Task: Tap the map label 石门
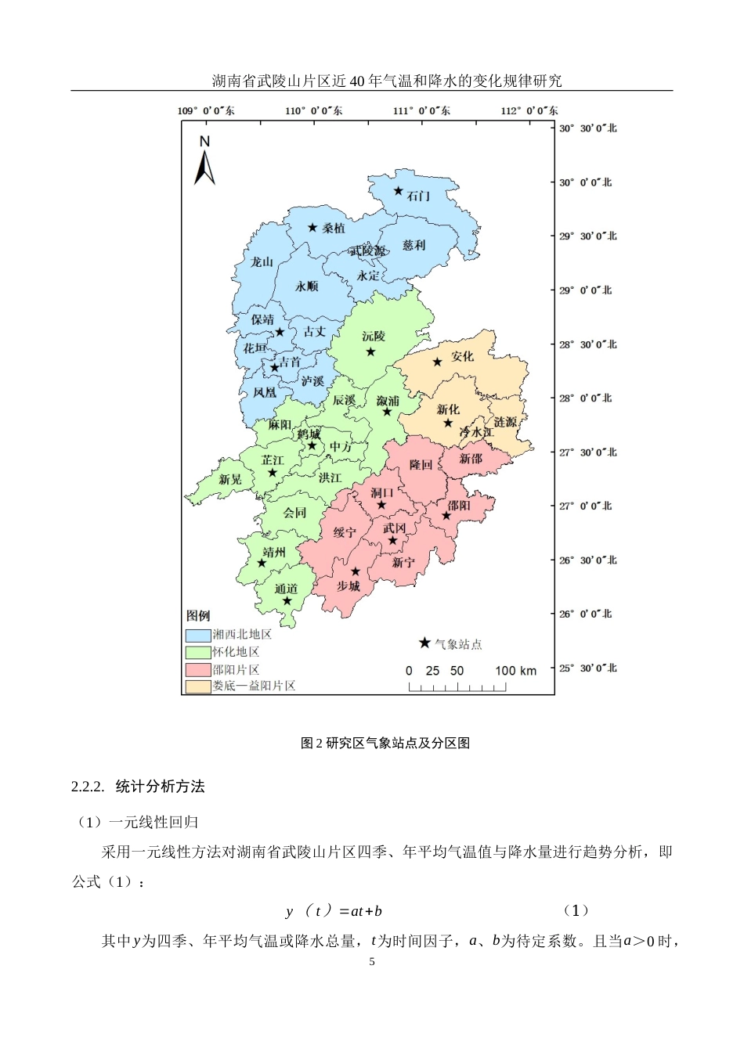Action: coord(418,196)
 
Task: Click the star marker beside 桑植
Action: coord(312,228)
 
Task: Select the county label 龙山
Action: coord(262,261)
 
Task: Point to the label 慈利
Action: coord(414,245)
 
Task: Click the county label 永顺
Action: coord(307,286)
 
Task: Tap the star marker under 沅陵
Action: coord(371,352)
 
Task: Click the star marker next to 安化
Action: coord(437,362)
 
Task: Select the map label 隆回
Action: coord(421,465)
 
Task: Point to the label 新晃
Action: coord(230,479)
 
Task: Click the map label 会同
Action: coord(294,513)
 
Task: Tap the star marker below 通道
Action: coord(287,601)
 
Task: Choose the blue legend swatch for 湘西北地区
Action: coord(198,635)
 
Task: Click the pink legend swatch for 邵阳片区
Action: coord(198,670)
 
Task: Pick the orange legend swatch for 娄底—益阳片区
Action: coord(198,686)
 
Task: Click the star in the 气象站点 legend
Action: coord(424,643)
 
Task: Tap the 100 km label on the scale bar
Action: coord(515,671)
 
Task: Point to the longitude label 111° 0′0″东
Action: coord(421,110)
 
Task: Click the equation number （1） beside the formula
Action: coord(576,910)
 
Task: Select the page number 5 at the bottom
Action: coord(372,962)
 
